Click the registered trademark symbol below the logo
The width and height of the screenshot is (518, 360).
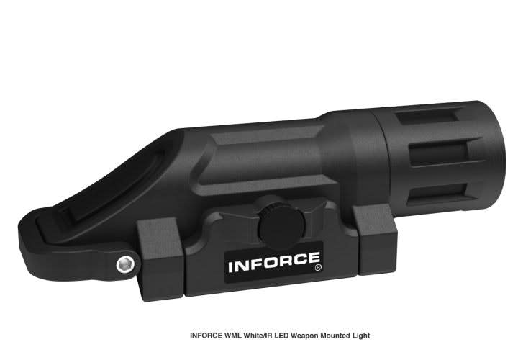tap(317, 279)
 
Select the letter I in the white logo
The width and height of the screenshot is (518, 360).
tap(231, 265)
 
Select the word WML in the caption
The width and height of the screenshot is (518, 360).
tap(237, 336)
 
